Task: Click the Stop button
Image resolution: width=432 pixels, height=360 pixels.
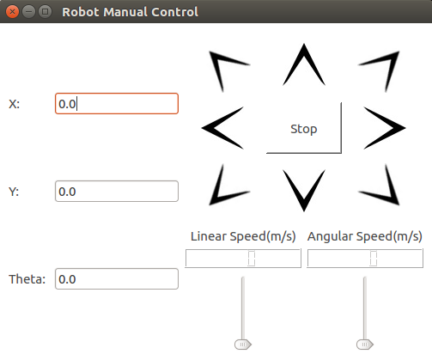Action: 303,129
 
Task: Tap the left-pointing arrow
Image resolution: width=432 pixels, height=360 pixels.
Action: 222,128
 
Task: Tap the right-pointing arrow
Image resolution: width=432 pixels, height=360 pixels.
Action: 383,128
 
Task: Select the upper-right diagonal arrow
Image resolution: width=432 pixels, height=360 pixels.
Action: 379,70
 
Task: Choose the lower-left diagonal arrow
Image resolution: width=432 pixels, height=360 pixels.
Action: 228,185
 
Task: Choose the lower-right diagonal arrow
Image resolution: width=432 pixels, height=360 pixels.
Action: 380,186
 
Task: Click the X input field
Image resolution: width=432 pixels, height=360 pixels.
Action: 116,103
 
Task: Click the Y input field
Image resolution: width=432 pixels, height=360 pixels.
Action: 116,192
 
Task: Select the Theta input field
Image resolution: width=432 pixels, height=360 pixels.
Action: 116,279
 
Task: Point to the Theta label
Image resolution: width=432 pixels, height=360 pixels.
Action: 27,279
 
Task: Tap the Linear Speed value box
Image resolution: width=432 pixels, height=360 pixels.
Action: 243,259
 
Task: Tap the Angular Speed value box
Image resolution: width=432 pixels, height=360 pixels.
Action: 365,259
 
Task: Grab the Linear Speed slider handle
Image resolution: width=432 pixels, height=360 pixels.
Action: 243,344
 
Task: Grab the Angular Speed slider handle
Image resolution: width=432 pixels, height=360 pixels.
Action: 365,344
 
